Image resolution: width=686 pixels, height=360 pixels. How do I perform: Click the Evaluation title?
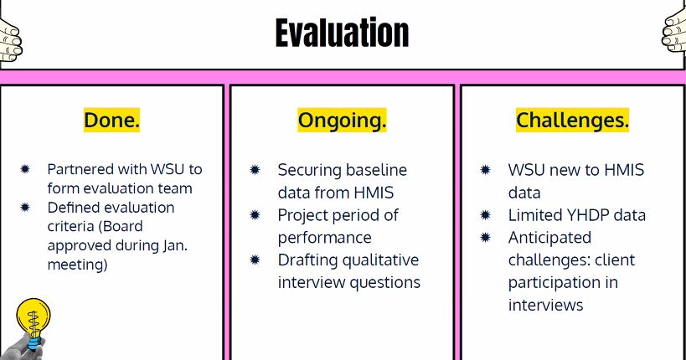point(342,33)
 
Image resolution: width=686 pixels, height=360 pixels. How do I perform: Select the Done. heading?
point(111,120)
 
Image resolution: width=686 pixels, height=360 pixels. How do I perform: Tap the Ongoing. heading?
point(342,121)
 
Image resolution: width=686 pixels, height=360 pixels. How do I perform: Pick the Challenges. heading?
point(572,120)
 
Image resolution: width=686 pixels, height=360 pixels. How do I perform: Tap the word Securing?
point(307,170)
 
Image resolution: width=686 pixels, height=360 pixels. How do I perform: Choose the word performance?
point(325,238)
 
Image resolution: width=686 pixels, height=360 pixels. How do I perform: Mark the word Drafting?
point(308,260)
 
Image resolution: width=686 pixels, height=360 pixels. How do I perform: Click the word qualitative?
point(380,260)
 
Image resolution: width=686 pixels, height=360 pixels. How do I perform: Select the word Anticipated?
point(549,238)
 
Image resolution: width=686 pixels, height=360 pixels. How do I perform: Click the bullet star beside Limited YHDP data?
point(485,215)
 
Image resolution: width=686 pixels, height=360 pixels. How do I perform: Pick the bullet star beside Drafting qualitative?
point(255,260)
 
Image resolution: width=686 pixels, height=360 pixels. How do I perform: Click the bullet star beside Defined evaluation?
point(25,207)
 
